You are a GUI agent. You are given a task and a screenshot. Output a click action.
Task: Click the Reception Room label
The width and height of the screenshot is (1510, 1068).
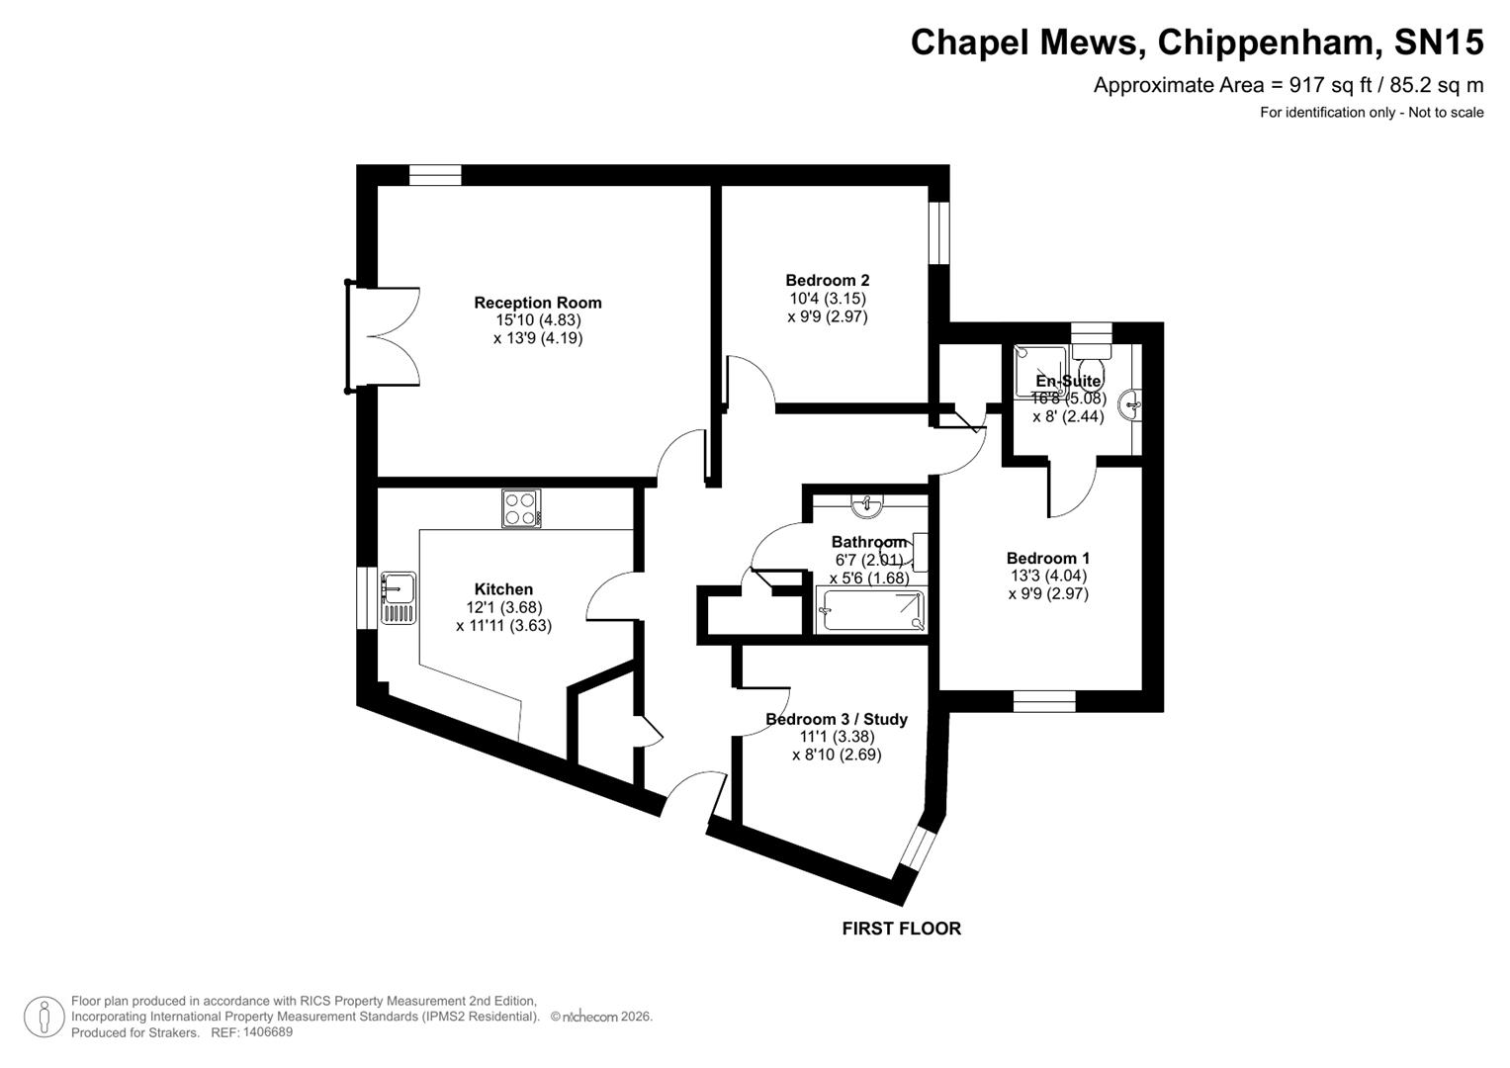(537, 303)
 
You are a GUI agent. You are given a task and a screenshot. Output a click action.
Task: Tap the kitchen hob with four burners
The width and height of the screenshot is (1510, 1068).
(521, 509)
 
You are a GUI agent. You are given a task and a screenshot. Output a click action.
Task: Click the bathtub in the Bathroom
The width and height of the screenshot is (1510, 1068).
(869, 611)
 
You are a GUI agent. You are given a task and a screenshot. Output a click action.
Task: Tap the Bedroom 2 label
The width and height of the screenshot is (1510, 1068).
(827, 280)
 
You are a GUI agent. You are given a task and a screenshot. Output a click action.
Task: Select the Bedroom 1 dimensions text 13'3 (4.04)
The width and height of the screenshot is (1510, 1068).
(1047, 576)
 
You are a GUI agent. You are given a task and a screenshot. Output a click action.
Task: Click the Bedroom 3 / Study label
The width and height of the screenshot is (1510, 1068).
(836, 719)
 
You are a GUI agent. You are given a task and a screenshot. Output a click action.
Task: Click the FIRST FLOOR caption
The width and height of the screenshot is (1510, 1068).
(901, 929)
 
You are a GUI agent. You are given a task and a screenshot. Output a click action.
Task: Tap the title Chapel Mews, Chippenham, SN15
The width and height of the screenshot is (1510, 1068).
(1197, 43)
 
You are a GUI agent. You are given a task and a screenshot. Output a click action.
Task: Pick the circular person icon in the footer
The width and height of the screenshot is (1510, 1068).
(44, 1017)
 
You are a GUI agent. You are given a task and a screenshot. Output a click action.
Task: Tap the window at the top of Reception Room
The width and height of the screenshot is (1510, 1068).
(435, 176)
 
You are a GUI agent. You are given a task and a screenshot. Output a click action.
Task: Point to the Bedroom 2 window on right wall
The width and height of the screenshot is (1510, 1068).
(938, 233)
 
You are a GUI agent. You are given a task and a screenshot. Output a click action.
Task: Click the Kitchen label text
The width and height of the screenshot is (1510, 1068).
(503, 589)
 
